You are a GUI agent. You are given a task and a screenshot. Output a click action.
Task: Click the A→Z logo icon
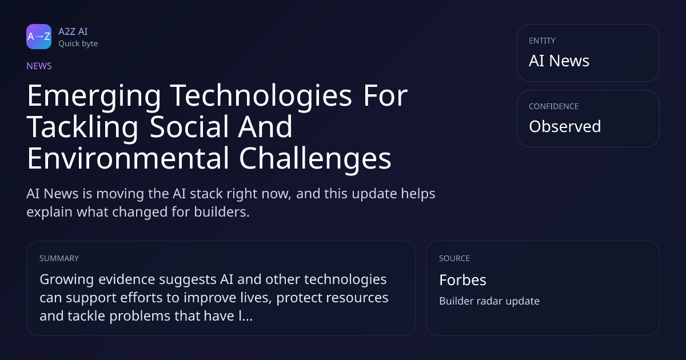tap(39, 37)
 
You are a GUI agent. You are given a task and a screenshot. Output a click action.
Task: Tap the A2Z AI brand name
tap(73, 31)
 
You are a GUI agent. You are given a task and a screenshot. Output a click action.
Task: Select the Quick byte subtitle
tap(78, 44)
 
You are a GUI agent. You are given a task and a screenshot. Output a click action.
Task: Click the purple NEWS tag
tap(39, 66)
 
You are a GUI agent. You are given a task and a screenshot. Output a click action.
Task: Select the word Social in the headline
tap(189, 127)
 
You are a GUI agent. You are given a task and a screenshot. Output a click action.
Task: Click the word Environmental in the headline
tap(128, 159)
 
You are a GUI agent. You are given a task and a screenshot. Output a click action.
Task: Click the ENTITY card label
tap(542, 41)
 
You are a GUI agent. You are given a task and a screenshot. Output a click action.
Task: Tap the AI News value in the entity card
tap(559, 61)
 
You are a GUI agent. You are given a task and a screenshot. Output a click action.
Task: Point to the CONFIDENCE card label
tap(554, 106)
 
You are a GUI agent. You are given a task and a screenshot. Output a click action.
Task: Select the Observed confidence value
tap(565, 126)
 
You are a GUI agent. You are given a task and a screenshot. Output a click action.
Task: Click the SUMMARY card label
tap(59, 258)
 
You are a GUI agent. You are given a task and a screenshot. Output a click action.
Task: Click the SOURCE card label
tap(454, 258)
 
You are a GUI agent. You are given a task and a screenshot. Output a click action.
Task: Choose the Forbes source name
tap(462, 280)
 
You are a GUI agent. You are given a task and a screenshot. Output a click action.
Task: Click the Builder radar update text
tap(489, 301)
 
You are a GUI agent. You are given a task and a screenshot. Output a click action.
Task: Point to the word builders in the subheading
tap(222, 212)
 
